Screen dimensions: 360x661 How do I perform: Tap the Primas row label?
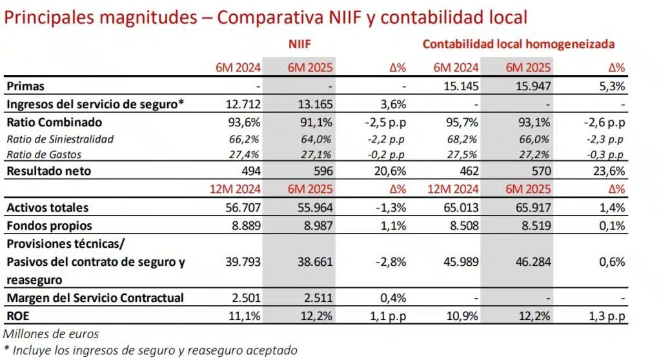(25, 86)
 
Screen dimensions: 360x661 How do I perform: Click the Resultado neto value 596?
(321, 171)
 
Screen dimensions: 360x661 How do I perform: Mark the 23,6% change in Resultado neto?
(610, 171)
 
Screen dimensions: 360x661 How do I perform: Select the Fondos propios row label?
(48, 226)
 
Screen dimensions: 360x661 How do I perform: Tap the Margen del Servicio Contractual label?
(95, 297)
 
